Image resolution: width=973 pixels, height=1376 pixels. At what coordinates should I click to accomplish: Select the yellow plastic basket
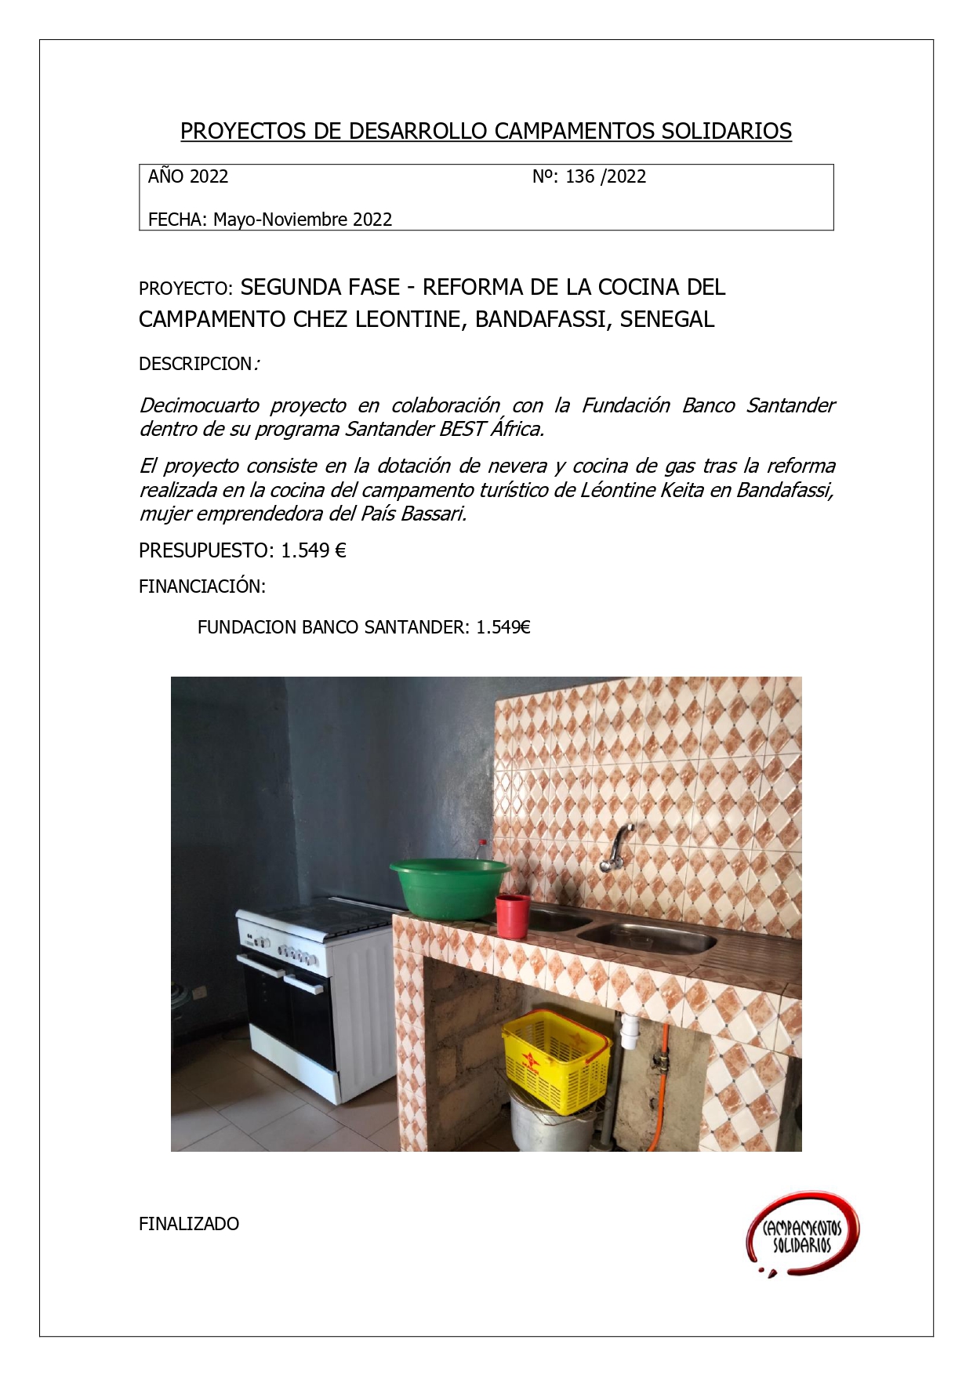[x=556, y=1060]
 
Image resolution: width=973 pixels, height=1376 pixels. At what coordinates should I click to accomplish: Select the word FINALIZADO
[x=189, y=1224]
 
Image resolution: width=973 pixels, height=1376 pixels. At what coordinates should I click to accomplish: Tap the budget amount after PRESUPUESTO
[x=314, y=550]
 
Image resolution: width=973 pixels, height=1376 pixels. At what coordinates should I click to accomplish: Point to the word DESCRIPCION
[x=195, y=364]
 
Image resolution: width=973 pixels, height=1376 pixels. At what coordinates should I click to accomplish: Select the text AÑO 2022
[x=188, y=176]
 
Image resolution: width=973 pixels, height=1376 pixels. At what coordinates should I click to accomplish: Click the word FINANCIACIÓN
[x=202, y=586]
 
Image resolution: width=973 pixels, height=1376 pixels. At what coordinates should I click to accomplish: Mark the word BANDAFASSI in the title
[x=541, y=320]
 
